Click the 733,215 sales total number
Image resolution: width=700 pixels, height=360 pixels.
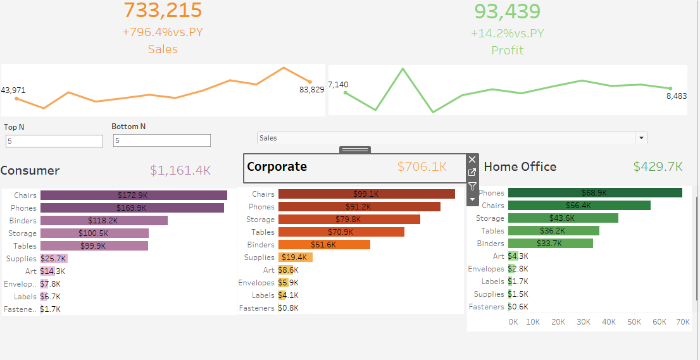click(x=163, y=10)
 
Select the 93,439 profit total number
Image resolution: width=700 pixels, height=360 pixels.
click(x=507, y=11)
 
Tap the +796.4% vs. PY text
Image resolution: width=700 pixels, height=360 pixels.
click(x=163, y=32)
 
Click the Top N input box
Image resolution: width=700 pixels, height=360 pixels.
click(x=54, y=141)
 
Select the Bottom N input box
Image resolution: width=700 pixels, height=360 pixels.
click(x=161, y=141)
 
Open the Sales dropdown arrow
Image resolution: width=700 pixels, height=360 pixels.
click(x=641, y=138)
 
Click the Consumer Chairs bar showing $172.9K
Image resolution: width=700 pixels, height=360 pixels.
click(x=134, y=196)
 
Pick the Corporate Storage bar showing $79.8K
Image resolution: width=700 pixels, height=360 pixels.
click(x=349, y=220)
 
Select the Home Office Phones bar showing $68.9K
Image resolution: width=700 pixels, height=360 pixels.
click(x=594, y=192)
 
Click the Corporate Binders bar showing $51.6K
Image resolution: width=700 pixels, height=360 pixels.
click(x=324, y=245)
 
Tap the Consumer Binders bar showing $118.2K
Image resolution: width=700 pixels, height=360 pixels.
click(x=104, y=221)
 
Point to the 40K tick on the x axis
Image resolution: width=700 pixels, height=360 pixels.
click(x=609, y=322)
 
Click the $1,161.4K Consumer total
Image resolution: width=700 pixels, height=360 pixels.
click(x=180, y=170)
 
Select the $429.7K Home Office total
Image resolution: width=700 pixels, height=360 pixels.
click(x=658, y=166)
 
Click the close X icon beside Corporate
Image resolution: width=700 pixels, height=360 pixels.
click(x=472, y=160)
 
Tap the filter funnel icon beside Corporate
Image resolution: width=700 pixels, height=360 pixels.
click(x=472, y=187)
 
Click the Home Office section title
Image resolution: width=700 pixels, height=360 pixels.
click(x=520, y=167)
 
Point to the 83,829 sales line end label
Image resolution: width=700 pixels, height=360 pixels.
click(x=311, y=90)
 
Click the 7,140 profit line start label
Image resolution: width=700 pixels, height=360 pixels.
click(x=338, y=85)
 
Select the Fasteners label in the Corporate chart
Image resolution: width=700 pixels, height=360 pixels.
click(x=256, y=308)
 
